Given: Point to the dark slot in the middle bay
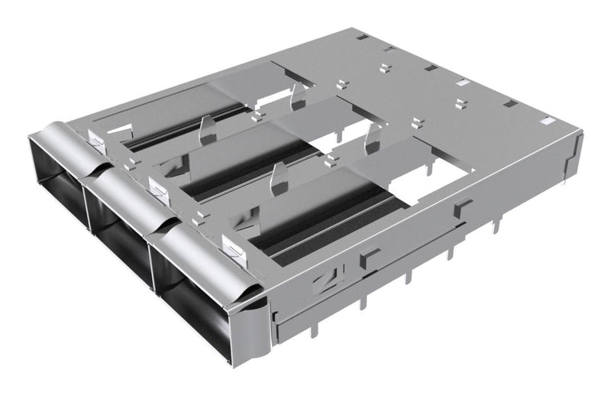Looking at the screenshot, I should point(252,171).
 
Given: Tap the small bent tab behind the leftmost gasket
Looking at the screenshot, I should point(96,138).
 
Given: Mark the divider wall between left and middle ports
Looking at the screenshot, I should point(89,206).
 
